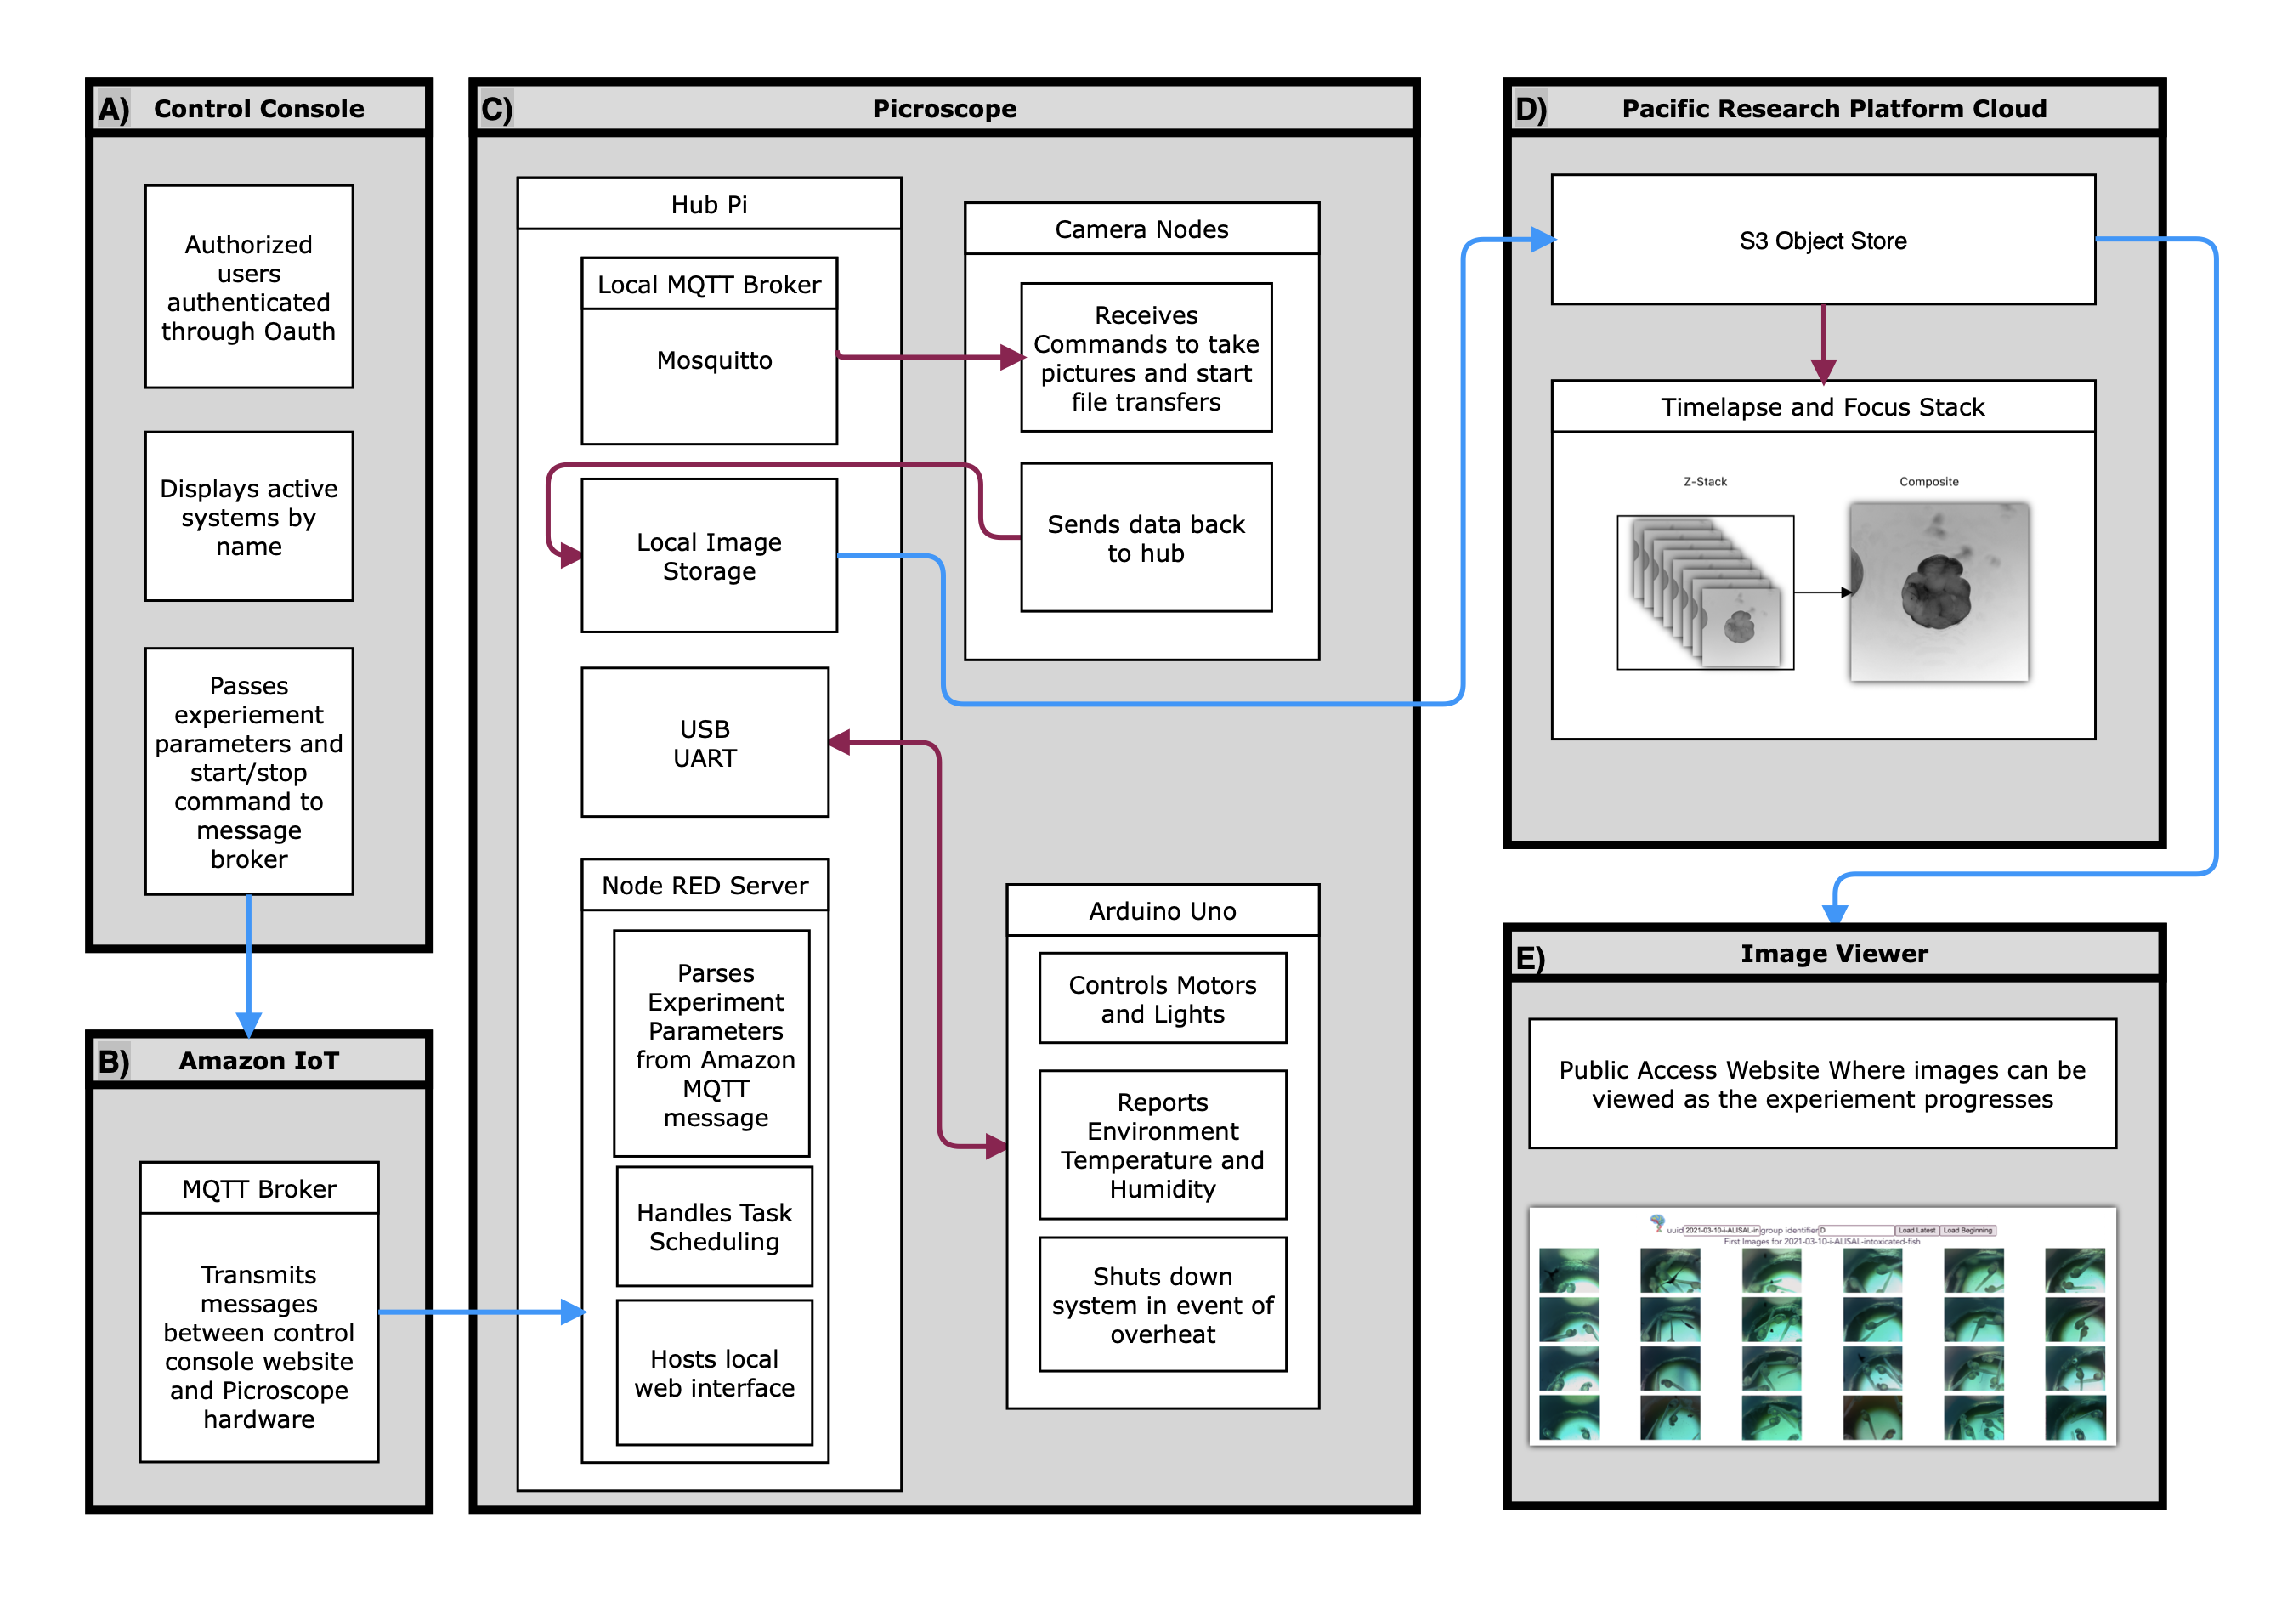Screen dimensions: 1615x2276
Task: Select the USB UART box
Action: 704,742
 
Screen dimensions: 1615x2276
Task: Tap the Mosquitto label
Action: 714,360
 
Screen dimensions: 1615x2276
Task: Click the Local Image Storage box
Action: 708,555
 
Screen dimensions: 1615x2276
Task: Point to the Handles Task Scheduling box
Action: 714,1227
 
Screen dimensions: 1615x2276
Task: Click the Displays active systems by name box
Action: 248,516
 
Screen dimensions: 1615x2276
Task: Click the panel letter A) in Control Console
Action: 113,109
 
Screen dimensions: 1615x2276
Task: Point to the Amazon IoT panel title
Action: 258,1060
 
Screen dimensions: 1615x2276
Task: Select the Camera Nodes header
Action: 1141,229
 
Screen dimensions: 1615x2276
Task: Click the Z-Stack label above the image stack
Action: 1704,481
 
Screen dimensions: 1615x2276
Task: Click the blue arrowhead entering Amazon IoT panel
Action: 248,1023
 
